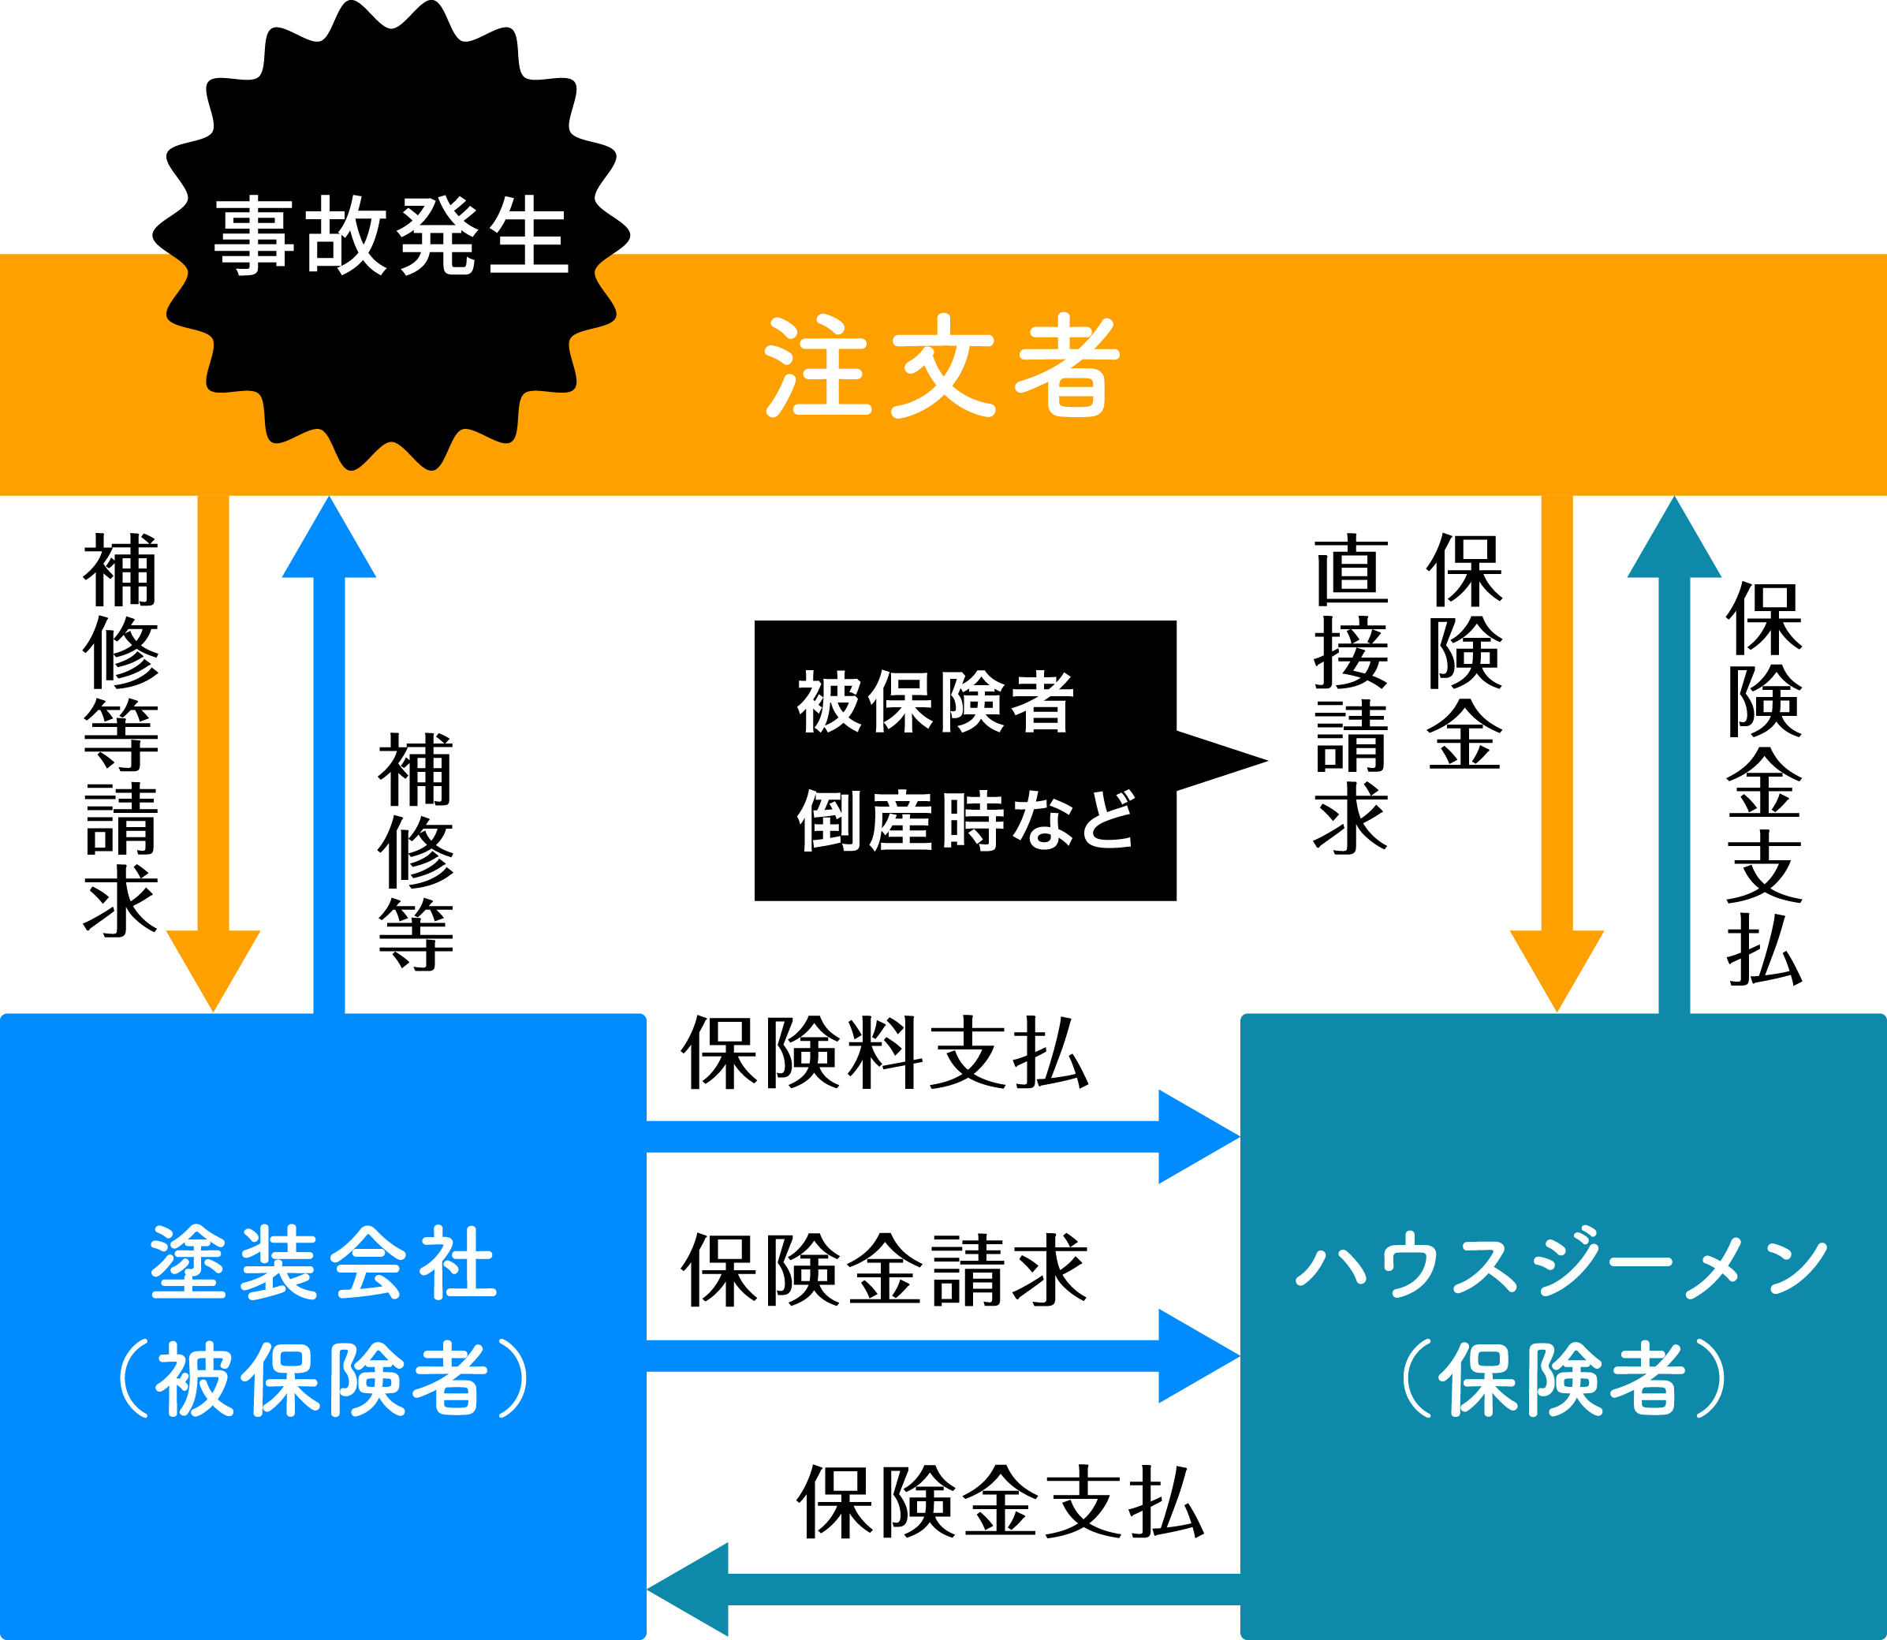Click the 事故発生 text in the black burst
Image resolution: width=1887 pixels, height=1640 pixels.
point(392,236)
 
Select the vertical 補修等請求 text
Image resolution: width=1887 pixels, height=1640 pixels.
point(121,735)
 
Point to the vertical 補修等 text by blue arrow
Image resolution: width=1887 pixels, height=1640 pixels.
point(416,851)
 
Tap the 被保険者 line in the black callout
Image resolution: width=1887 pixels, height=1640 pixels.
point(935,702)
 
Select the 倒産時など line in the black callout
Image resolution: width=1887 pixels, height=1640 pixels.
point(965,821)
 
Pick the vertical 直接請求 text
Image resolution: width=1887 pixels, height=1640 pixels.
point(1351,695)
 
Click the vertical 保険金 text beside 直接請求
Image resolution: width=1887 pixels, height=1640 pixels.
point(1464,651)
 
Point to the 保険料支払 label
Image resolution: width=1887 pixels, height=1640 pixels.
point(884,1054)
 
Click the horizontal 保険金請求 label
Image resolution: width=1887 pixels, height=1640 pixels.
point(884,1270)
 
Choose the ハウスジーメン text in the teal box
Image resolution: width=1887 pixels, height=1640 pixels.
point(1561,1264)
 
